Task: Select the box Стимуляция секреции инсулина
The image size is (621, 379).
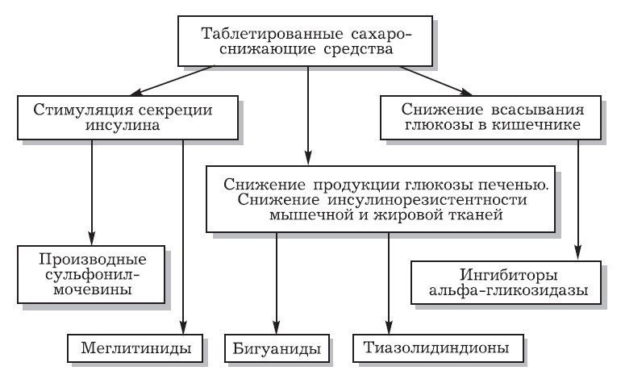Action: pyautogui.click(x=106, y=118)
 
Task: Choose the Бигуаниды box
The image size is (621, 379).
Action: pyautogui.click(x=275, y=349)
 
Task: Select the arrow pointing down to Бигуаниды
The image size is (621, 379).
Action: pyautogui.click(x=276, y=282)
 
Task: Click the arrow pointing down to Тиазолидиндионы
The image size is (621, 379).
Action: pyautogui.click(x=389, y=282)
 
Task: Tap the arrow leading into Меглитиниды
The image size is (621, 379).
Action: pyautogui.click(x=185, y=234)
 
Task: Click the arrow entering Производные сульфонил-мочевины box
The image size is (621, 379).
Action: pyautogui.click(x=94, y=189)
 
